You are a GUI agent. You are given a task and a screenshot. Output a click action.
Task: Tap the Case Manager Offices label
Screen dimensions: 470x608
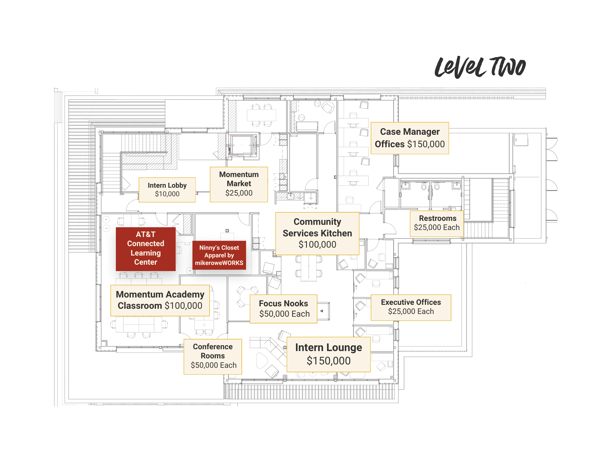pyautogui.click(x=410, y=138)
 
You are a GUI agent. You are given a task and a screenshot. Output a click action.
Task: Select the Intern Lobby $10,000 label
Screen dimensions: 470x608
pyautogui.click(x=167, y=190)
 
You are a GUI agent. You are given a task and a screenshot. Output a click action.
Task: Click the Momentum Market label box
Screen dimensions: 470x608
pyautogui.click(x=239, y=184)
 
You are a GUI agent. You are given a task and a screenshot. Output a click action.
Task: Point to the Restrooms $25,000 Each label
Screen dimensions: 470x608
pyautogui.click(x=436, y=223)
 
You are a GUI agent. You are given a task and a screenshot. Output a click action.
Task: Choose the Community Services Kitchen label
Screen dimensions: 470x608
pyautogui.click(x=317, y=233)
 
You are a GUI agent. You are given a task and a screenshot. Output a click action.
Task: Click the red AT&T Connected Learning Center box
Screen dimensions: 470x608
pyautogui.click(x=146, y=249)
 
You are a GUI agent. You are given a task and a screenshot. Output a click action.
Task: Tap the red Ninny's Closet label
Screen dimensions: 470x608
pyautogui.click(x=219, y=255)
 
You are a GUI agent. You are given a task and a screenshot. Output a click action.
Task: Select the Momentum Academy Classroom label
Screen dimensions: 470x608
pyautogui.click(x=160, y=300)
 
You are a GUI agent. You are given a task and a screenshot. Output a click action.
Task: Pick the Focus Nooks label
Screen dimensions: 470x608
pyautogui.click(x=283, y=308)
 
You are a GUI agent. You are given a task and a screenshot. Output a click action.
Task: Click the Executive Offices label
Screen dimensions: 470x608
pyautogui.click(x=411, y=307)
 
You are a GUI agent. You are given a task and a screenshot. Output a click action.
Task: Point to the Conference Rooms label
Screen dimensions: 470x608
pyautogui.click(x=213, y=356)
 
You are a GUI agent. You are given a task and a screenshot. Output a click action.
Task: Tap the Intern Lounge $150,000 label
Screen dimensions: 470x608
pyautogui.click(x=328, y=354)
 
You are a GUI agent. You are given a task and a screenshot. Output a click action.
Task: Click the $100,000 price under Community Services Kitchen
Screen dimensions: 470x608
pyautogui.click(x=317, y=245)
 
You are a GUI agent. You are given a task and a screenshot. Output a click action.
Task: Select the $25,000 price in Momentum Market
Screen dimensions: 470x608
pyautogui.click(x=239, y=193)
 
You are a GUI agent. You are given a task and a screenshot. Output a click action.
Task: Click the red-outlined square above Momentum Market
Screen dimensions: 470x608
pyautogui.click(x=242, y=145)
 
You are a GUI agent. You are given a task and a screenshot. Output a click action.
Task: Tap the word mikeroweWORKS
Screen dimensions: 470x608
pyautogui.click(x=219, y=263)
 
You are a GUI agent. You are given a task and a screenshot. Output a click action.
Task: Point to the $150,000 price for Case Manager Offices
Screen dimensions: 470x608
pyautogui.click(x=426, y=144)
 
